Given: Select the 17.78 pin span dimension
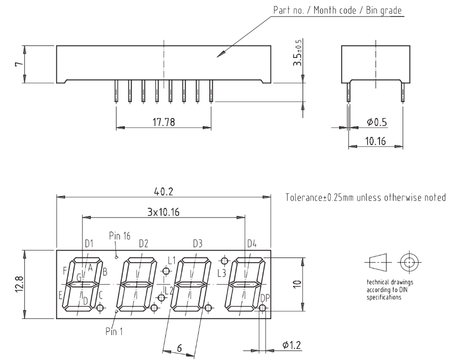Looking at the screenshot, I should tap(163, 123).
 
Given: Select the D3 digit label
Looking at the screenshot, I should tap(198, 243).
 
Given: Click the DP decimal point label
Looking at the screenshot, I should tap(265, 297).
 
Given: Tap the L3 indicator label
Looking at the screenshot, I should tap(222, 272).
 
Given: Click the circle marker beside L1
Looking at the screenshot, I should tap(166, 271).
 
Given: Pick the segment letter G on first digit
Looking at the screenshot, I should tap(79, 278).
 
